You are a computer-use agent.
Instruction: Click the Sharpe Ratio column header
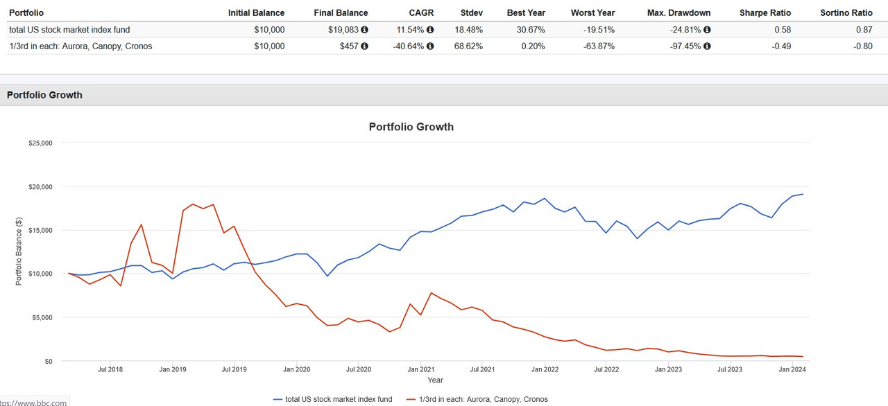(765, 12)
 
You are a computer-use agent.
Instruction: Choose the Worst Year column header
(592, 12)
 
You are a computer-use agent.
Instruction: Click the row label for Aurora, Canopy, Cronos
(80, 46)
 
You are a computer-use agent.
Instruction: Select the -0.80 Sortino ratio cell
(862, 46)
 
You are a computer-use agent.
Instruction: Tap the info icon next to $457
(365, 46)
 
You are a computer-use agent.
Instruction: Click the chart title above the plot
(411, 127)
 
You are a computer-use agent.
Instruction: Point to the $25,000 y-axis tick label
(40, 143)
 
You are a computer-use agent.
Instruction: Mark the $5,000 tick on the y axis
(42, 317)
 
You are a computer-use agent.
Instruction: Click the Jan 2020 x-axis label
(296, 369)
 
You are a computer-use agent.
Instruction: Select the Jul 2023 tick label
(729, 369)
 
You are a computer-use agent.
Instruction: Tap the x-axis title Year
(435, 380)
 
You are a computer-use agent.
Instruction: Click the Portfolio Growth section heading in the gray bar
(44, 95)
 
